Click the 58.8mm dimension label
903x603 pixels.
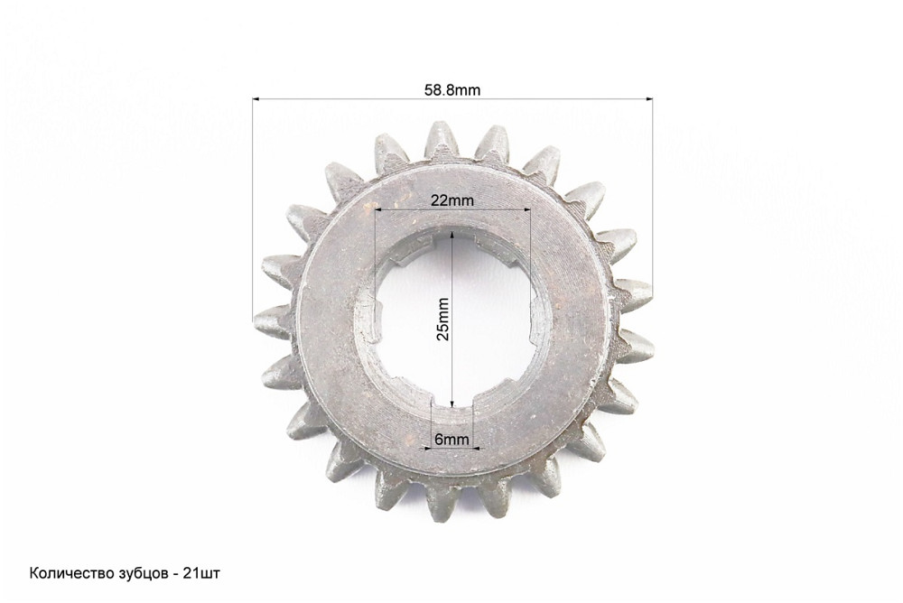click(x=452, y=90)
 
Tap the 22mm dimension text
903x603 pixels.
click(x=452, y=200)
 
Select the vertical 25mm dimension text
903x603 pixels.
click(x=442, y=319)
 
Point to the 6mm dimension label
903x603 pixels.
click(x=451, y=440)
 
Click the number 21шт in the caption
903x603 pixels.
click(x=201, y=573)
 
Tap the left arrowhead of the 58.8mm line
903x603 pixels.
click(x=256, y=99)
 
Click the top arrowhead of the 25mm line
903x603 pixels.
click(x=452, y=237)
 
